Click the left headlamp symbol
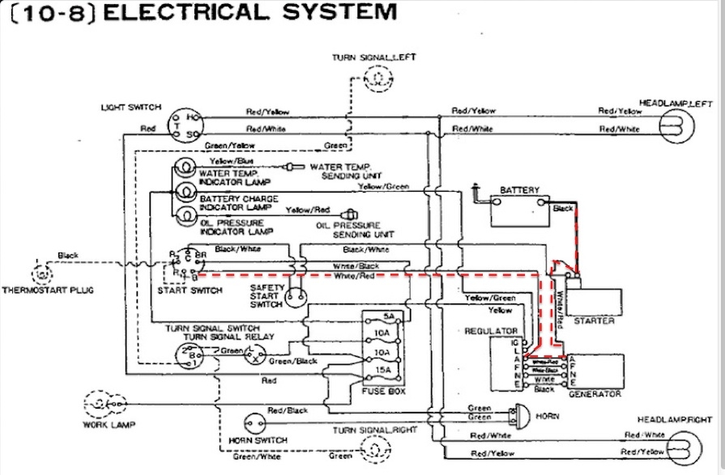[674, 124]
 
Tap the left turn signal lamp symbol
[376, 78]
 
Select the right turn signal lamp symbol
[376, 447]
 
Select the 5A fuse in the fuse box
[389, 316]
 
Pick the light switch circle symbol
[182, 124]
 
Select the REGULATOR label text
[491, 331]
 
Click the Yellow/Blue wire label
[227, 161]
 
